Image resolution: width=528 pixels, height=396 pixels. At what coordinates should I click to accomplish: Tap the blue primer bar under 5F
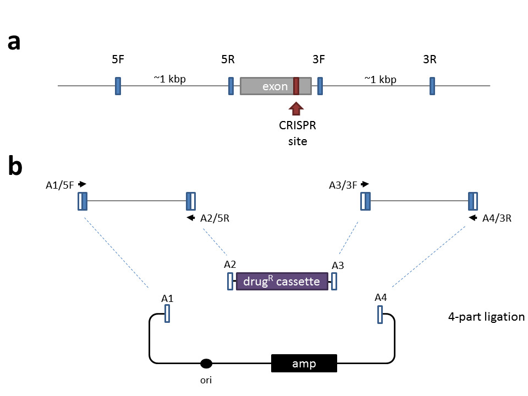118,86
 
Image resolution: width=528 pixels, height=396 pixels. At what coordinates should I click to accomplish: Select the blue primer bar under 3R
432,86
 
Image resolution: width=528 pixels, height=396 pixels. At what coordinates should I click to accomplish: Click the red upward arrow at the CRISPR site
296,108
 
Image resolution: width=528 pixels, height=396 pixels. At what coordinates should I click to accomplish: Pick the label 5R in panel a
228,60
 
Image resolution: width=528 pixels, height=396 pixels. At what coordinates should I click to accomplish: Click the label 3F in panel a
318,60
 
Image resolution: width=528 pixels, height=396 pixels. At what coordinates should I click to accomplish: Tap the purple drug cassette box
282,282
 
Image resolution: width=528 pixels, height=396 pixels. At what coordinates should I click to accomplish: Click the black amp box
304,364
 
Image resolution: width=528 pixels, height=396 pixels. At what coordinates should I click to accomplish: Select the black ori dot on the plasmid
206,363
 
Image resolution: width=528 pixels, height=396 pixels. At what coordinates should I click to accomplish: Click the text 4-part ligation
486,317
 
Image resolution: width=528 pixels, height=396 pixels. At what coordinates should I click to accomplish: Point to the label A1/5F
59,185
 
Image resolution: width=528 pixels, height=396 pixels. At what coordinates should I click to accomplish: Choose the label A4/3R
497,218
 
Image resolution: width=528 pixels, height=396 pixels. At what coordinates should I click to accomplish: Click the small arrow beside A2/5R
191,218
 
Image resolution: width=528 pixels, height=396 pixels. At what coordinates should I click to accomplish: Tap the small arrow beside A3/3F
365,185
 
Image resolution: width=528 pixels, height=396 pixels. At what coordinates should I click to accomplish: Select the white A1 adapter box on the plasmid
167,313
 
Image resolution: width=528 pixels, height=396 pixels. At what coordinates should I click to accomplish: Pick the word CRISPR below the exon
298,126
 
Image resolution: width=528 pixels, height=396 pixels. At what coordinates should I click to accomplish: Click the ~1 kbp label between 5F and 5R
170,79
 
